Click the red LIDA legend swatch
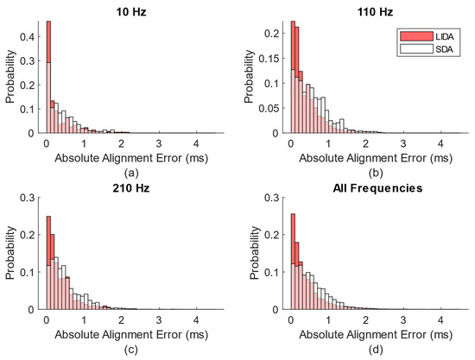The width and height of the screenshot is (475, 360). [413, 37]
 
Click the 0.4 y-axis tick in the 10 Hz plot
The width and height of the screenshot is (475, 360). [30, 37]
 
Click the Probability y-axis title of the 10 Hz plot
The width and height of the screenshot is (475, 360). [11, 78]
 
